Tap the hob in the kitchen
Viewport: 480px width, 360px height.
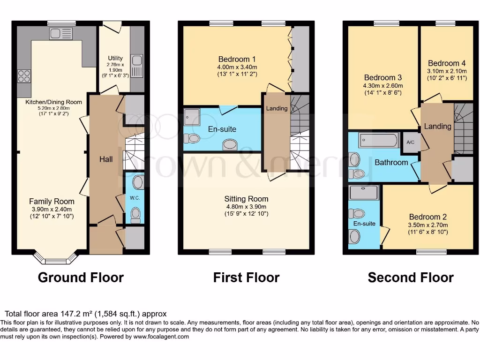click(24, 76)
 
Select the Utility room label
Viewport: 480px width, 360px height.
click(115, 58)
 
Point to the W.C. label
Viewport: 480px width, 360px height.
click(135, 198)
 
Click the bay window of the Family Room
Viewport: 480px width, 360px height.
click(56, 259)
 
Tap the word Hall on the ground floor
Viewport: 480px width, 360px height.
click(106, 159)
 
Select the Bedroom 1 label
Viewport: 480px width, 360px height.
click(237, 59)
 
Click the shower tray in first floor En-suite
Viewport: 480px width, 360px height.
click(192, 117)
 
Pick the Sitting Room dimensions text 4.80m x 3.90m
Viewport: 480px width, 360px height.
click(246, 207)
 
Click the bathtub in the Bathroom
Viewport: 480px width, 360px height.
click(378, 140)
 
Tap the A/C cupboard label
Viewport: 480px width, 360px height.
click(411, 143)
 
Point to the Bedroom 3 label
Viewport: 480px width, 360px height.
click(383, 77)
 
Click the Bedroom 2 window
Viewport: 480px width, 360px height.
click(431, 252)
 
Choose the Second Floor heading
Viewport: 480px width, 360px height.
click(411, 277)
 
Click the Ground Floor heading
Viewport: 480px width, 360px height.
click(81, 277)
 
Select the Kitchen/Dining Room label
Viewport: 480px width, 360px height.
click(53, 102)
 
